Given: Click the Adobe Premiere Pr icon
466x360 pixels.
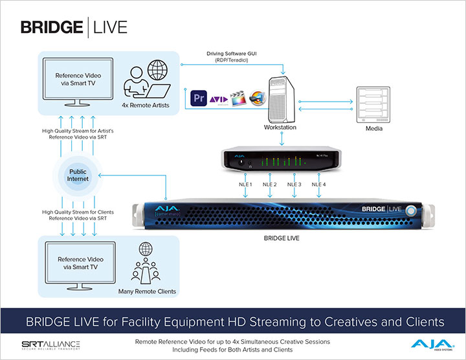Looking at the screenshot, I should click(199, 100).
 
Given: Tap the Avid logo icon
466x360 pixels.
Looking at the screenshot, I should click(219, 100).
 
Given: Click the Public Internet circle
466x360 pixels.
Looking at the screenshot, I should click(82, 177).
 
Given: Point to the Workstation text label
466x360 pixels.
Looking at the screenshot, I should click(280, 128).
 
